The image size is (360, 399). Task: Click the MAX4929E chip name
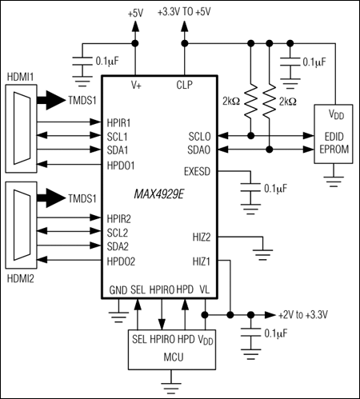coord(159,194)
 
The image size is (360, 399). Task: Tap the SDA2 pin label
coord(120,247)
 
